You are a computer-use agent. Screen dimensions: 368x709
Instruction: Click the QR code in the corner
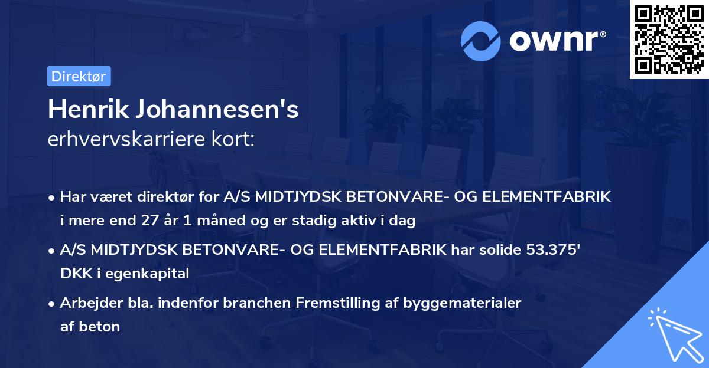pyautogui.click(x=669, y=40)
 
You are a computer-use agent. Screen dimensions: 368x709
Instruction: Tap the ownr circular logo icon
pyautogui.click(x=481, y=41)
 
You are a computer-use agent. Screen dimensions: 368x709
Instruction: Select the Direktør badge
pyautogui.click(x=79, y=76)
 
